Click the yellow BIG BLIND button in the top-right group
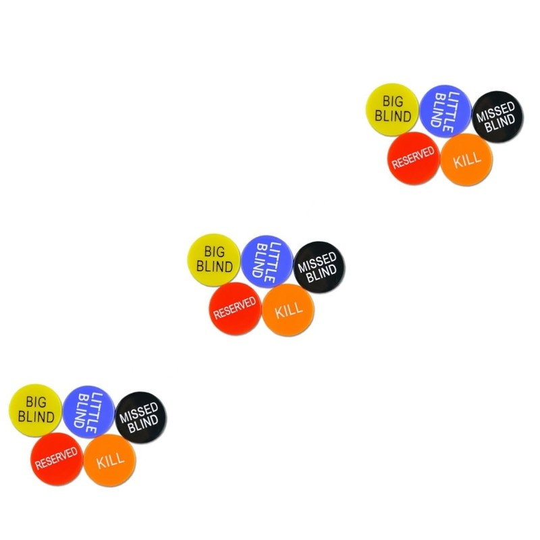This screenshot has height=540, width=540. [392, 109]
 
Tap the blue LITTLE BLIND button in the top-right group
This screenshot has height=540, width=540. [446, 109]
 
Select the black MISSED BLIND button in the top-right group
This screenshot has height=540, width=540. [497, 116]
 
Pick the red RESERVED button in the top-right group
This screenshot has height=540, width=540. [414, 159]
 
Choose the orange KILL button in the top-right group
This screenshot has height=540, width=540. [466, 160]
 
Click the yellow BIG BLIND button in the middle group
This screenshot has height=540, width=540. [214, 260]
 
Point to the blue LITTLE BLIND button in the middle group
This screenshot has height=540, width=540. [267, 261]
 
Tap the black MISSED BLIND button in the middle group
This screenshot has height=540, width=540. [319, 267]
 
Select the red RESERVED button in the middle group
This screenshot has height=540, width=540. [235, 309]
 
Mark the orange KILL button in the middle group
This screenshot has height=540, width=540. [288, 310]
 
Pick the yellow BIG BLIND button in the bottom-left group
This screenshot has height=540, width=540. [36, 410]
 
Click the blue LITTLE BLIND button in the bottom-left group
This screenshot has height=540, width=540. [88, 412]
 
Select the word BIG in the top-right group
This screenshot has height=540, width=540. [392, 102]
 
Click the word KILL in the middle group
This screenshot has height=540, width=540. [288, 310]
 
